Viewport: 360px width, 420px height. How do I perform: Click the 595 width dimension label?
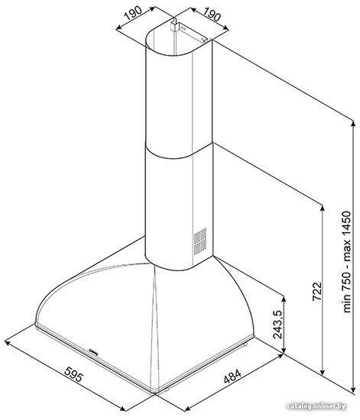pos(74,374)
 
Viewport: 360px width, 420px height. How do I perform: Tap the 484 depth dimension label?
pos(232,376)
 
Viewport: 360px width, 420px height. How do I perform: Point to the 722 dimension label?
pos(317,292)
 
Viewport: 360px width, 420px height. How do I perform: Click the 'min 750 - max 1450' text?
pos(346,262)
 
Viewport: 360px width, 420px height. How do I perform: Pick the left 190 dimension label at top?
pos(133,14)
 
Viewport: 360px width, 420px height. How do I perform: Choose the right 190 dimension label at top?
pos(212,14)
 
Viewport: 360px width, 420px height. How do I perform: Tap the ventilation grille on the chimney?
pos(200,241)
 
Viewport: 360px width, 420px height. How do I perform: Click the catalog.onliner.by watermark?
pos(316,406)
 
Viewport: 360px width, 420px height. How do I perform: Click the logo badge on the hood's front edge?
pos(93,351)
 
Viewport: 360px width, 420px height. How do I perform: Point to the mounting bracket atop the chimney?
pos(176,24)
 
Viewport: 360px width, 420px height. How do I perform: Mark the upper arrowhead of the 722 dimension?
pos(323,208)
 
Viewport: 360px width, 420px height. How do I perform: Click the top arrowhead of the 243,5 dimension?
pos(284,299)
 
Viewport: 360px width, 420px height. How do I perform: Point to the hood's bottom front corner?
pos(154,393)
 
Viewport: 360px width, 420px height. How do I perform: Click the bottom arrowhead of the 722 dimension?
pos(323,372)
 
